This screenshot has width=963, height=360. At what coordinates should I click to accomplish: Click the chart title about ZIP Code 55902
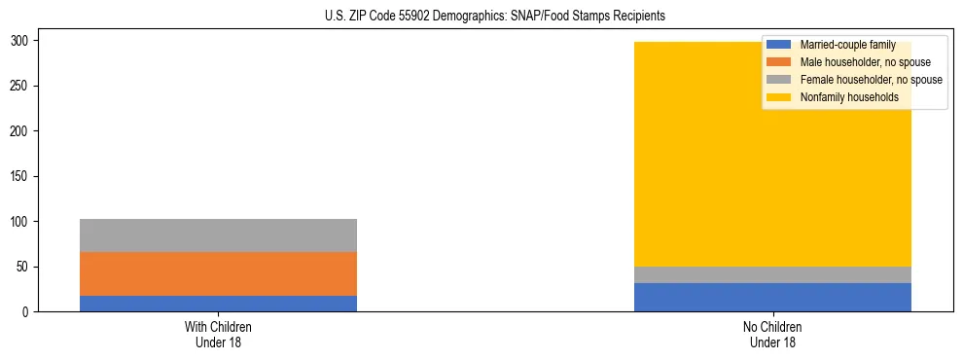coord(494,17)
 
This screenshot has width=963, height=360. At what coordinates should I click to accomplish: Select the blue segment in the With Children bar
coord(218,303)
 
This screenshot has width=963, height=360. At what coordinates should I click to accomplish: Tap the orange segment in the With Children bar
coord(218,273)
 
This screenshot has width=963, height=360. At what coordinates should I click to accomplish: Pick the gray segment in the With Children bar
coord(218,235)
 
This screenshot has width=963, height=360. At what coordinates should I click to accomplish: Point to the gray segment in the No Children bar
coord(772,274)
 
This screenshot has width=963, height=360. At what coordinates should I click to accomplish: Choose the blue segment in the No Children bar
coord(772,297)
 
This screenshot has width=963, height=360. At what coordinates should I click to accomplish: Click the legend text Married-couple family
coord(847,45)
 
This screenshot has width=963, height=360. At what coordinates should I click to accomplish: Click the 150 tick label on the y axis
coord(22,176)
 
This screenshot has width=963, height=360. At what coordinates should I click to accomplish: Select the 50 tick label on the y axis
coord(25,267)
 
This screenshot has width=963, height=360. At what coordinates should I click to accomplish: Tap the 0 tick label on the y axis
coord(29,312)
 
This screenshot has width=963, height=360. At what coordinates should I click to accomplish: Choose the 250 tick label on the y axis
coord(22,86)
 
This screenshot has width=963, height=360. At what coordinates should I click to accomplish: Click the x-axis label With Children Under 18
coord(218,334)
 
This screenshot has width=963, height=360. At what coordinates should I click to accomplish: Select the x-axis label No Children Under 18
coord(772,334)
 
